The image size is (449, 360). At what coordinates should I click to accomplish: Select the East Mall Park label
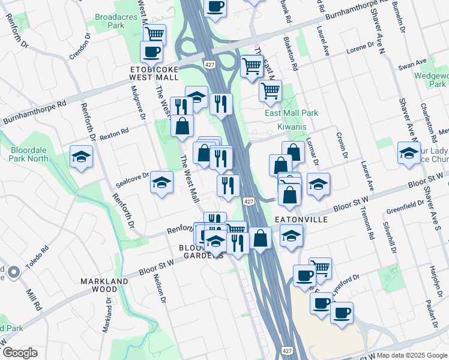click(291, 113)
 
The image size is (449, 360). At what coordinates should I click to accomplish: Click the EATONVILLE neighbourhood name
click(301, 220)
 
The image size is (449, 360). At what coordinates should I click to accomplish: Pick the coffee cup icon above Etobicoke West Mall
click(152, 52)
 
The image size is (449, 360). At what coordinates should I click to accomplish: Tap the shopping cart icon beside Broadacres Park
click(155, 34)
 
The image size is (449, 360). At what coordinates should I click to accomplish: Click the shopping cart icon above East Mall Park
click(270, 91)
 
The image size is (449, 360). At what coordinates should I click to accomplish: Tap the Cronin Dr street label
click(342, 145)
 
